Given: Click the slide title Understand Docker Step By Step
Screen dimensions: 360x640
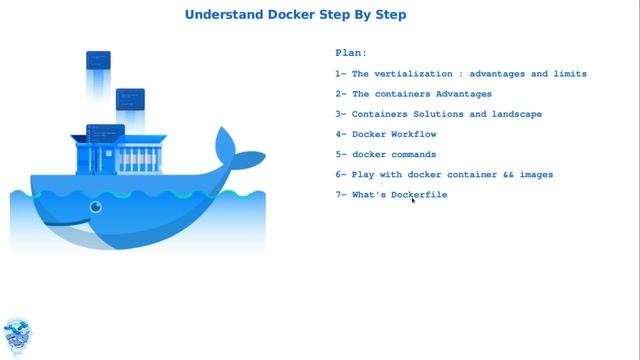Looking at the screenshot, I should (x=296, y=15).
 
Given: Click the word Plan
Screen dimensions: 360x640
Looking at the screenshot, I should (x=351, y=52).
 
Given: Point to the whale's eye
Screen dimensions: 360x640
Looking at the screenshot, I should (x=96, y=208).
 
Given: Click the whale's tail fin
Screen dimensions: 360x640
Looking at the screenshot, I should (x=240, y=150).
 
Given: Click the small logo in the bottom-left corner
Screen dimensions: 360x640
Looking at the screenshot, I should (x=17, y=337).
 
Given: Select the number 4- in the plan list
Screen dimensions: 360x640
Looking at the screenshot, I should (x=341, y=134).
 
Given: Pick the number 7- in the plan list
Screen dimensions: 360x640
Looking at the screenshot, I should (x=341, y=194).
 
